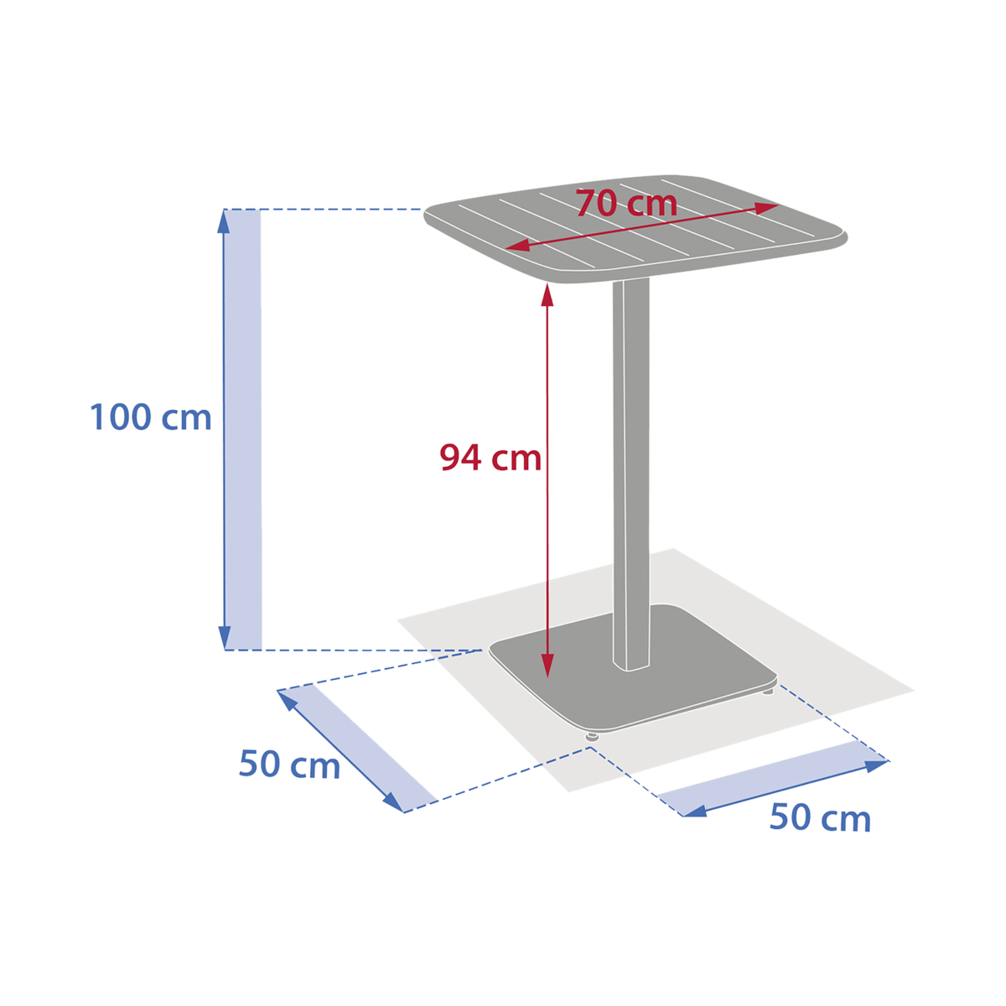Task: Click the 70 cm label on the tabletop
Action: [x=626, y=203]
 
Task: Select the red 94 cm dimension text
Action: [x=491, y=458]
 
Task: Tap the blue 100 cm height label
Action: [x=151, y=417]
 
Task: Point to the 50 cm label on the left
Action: [x=288, y=765]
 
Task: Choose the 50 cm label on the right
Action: [x=819, y=817]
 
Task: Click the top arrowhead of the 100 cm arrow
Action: [x=224, y=220]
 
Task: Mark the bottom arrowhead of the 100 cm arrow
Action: [x=224, y=639]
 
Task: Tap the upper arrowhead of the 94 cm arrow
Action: [x=547, y=295]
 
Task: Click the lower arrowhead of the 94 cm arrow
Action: [x=547, y=666]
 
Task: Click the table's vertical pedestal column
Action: [x=631, y=469]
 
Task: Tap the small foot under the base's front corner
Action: [x=592, y=736]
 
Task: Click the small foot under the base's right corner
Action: [x=769, y=691]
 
